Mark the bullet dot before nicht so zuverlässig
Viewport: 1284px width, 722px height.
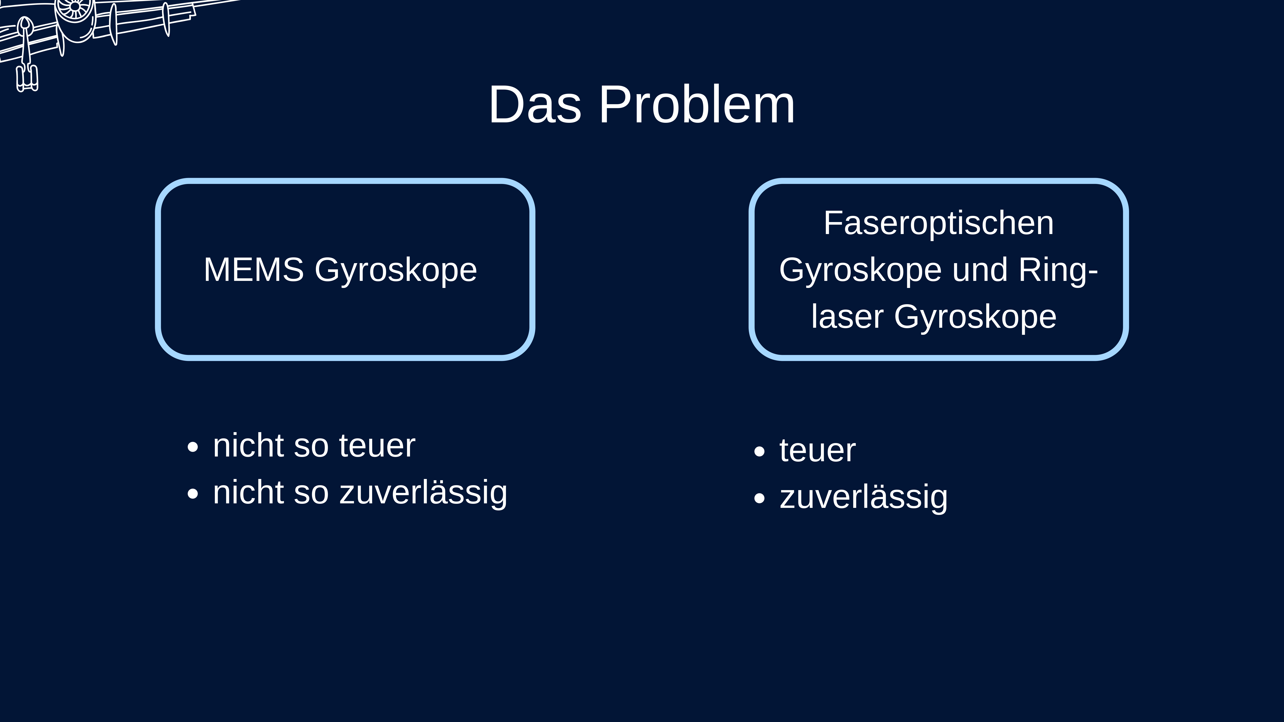(193, 494)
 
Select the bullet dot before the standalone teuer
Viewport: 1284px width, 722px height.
(759, 451)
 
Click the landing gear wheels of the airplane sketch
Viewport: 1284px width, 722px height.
(27, 79)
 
